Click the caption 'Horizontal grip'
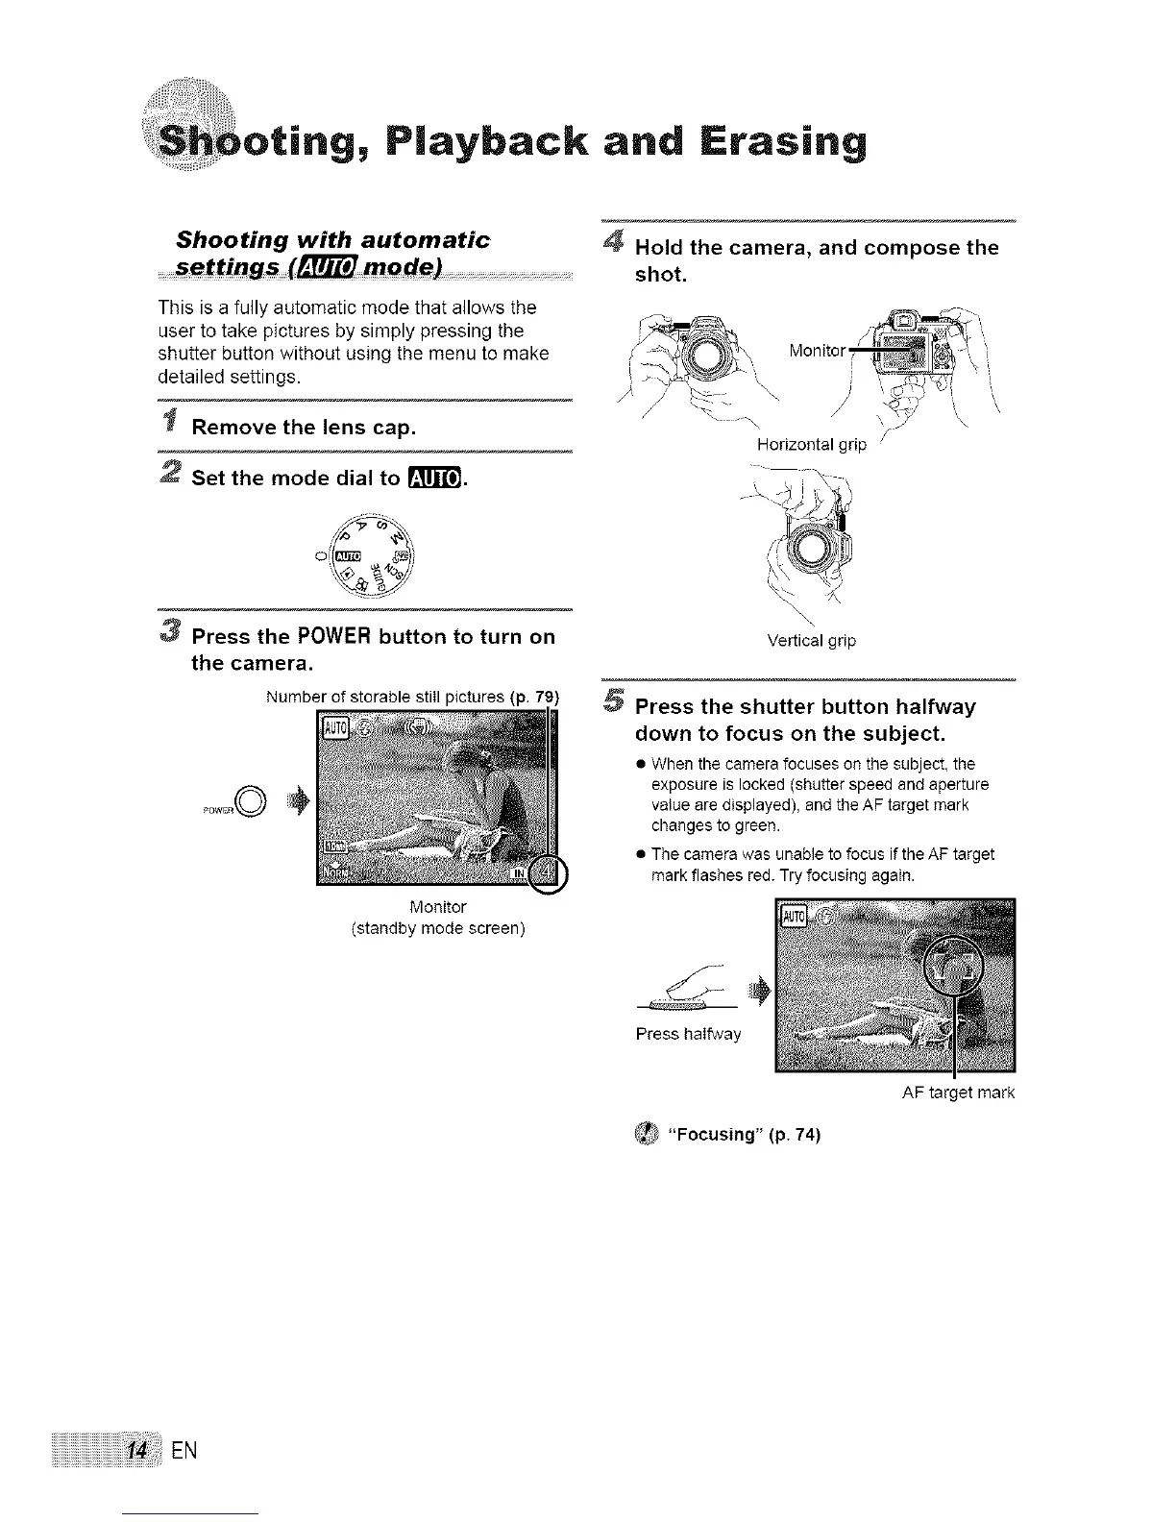tap(812, 444)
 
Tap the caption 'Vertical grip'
tap(812, 641)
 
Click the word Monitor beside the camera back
tap(817, 351)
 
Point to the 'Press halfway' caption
tap(688, 1034)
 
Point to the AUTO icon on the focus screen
tap(793, 916)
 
